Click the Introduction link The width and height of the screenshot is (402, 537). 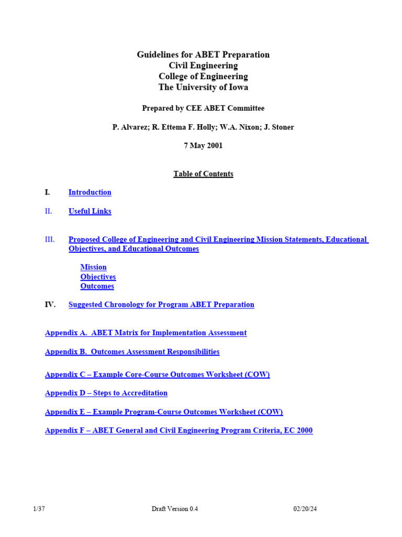(90, 192)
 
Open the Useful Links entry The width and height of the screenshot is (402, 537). (90, 211)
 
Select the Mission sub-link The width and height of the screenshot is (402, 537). (93, 267)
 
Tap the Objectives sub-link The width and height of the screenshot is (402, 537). (98, 277)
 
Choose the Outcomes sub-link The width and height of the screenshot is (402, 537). (97, 286)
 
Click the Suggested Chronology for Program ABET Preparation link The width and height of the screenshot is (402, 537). (161, 305)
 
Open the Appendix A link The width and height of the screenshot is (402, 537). (146, 333)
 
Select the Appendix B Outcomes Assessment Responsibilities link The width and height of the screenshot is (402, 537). (132, 352)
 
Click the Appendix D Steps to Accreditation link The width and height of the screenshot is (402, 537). (106, 393)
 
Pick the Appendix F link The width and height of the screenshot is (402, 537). (178, 431)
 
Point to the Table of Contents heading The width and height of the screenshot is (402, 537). (203, 174)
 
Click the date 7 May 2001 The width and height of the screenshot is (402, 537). (203, 146)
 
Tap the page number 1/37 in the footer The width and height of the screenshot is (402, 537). (39, 509)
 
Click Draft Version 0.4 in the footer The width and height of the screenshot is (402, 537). (175, 509)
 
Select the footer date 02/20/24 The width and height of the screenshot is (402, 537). (305, 509)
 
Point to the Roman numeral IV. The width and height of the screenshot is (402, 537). (50, 305)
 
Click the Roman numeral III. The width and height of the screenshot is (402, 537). (50, 240)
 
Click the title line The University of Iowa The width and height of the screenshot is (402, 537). (203, 88)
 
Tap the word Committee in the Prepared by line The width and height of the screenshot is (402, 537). (247, 109)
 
